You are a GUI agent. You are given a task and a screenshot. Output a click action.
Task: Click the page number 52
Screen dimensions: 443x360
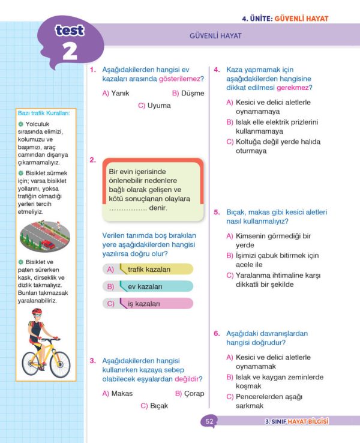(x=209, y=421)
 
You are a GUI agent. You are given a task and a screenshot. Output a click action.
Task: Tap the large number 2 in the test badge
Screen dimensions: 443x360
(x=70, y=51)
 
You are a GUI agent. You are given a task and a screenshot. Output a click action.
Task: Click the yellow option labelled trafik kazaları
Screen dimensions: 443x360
(x=148, y=270)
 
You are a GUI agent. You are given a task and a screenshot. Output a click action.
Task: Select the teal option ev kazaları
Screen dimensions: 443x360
(x=148, y=287)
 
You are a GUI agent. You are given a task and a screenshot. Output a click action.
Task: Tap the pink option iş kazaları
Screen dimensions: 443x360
(x=148, y=304)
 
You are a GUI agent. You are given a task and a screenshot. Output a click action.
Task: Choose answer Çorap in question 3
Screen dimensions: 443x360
(x=189, y=394)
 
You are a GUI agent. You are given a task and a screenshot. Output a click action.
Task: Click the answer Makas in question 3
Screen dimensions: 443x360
(x=118, y=394)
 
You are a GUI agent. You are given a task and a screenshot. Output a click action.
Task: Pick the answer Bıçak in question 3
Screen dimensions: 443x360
(x=154, y=406)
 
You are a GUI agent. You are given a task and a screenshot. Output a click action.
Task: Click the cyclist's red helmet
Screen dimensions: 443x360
(x=37, y=313)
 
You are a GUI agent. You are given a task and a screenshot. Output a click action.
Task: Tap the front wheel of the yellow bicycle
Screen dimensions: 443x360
(x=59, y=363)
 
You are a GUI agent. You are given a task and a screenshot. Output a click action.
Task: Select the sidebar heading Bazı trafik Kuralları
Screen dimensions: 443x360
(x=44, y=113)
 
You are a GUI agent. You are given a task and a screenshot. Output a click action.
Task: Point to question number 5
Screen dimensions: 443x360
(x=217, y=212)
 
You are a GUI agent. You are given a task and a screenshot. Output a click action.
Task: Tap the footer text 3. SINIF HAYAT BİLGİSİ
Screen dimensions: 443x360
(x=296, y=421)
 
